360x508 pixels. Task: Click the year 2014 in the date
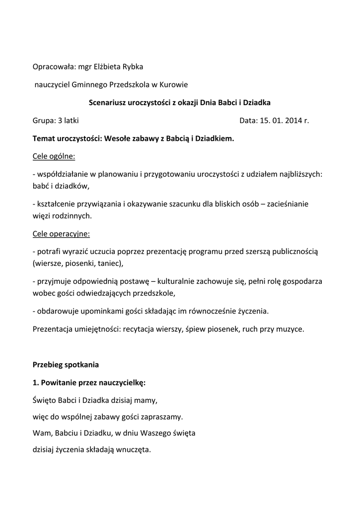coord(292,121)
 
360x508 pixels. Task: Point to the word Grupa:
coord(44,121)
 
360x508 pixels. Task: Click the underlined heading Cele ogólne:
coord(54,157)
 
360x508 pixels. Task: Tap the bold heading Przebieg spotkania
coord(66,365)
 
